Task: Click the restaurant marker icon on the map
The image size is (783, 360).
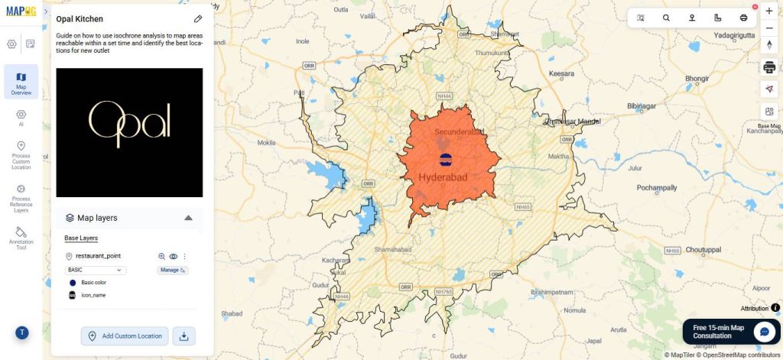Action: point(445,159)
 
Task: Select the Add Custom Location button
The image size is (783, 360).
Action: point(125,336)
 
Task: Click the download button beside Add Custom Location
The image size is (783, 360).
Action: point(184,336)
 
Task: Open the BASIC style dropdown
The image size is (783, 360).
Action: point(96,270)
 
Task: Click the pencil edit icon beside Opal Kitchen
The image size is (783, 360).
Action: point(198,18)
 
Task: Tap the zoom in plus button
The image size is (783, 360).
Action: point(769,11)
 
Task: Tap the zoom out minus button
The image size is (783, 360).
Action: point(769,28)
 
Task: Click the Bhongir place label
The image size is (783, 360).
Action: point(697,78)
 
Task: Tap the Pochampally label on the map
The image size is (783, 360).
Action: point(655,187)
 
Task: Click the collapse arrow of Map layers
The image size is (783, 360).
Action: point(188,218)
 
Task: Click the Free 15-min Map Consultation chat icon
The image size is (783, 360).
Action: point(765,331)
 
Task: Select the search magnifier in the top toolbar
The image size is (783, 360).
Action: point(666,18)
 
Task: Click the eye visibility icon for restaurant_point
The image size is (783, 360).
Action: point(174,257)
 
